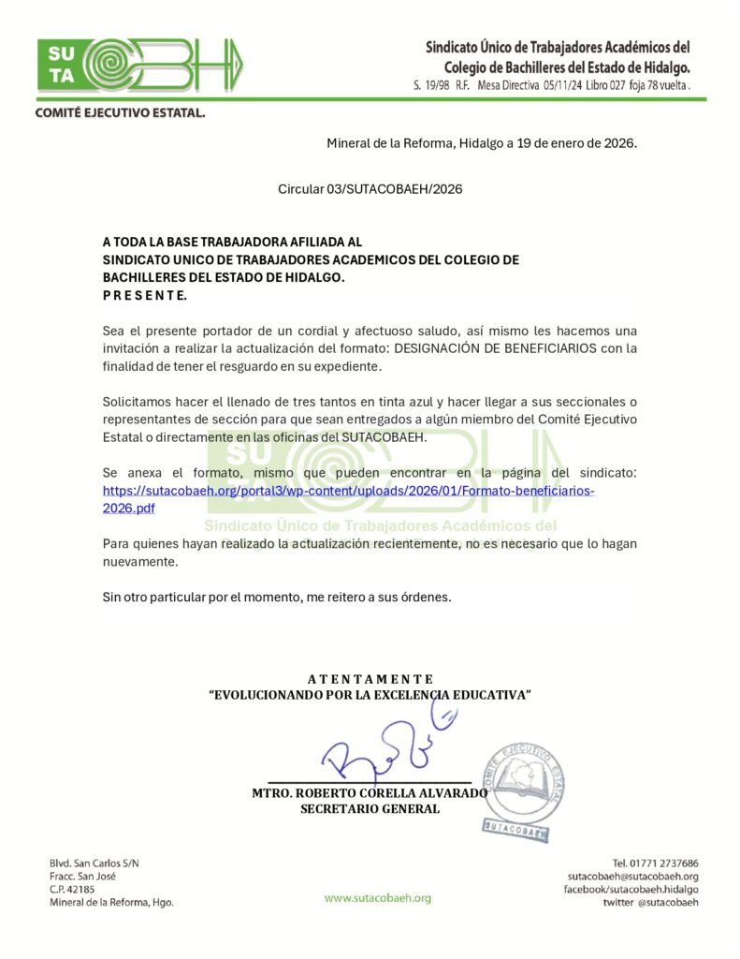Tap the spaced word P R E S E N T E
click(145, 295)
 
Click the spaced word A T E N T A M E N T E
click(370, 679)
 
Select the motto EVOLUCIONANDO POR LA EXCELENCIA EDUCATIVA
click(370, 695)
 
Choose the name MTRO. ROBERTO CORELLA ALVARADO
click(370, 793)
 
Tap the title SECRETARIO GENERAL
click(370, 809)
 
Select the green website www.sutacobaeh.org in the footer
click(378, 898)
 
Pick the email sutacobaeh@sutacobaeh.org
click(632, 877)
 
